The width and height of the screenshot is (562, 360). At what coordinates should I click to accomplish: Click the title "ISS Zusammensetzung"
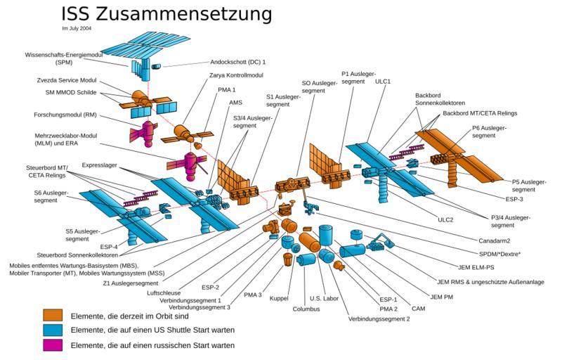click(166, 13)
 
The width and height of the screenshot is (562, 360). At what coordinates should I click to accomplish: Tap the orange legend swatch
click(53, 315)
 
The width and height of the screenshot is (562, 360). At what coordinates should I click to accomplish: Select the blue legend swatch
click(53, 330)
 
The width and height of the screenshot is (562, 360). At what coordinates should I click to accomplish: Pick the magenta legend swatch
click(53, 345)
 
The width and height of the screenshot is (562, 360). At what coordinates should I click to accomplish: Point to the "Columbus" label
click(306, 309)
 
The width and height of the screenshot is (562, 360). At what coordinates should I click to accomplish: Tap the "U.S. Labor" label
click(325, 298)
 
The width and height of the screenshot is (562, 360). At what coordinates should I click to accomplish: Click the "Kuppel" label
click(279, 299)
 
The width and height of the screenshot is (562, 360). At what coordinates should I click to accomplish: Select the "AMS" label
click(235, 102)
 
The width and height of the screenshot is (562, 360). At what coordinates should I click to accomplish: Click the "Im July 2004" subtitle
click(77, 29)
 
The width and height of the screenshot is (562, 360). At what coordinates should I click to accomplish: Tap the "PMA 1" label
click(228, 89)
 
